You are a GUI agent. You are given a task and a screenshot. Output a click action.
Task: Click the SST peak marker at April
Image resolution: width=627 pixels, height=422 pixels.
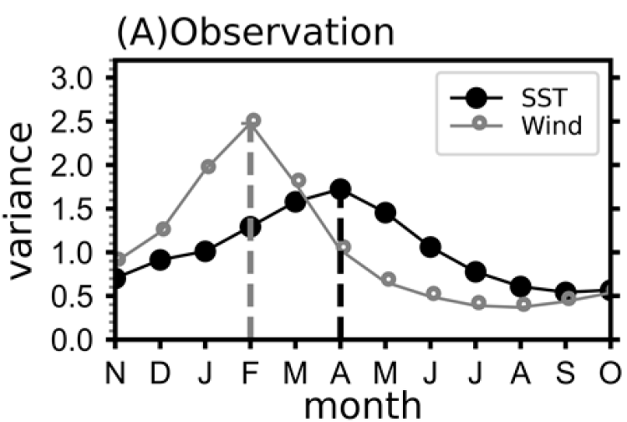(x=339, y=189)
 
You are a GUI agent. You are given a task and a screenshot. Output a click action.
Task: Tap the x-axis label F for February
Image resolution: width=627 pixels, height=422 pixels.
(x=251, y=369)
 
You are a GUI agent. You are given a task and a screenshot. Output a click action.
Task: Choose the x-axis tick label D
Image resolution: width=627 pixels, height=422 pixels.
(x=161, y=369)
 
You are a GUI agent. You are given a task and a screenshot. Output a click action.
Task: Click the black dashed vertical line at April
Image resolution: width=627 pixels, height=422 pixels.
(x=339, y=276)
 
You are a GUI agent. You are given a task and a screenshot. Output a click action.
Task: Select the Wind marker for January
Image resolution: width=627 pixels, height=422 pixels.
(x=207, y=167)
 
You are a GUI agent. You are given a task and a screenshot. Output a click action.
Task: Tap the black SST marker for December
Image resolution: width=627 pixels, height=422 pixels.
(x=161, y=260)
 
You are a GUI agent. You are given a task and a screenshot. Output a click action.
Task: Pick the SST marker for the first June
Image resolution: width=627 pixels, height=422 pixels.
(x=431, y=246)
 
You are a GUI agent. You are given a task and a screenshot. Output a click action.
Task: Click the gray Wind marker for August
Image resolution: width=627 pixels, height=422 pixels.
(x=523, y=305)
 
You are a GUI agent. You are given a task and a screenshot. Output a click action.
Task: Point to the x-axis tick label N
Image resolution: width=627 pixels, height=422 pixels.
(x=117, y=369)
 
